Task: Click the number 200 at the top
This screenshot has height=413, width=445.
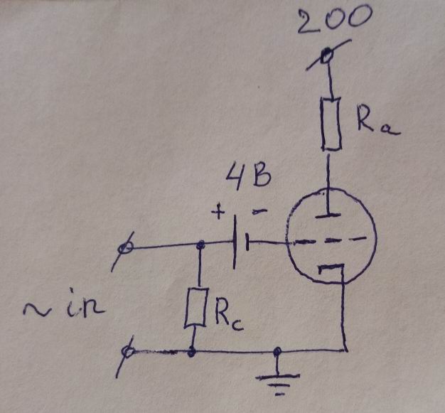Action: click(x=334, y=21)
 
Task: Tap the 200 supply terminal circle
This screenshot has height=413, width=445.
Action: click(x=327, y=55)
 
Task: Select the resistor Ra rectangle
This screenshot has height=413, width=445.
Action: click(x=331, y=124)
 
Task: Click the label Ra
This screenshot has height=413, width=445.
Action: click(x=377, y=122)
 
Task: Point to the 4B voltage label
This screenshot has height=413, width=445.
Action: click(x=248, y=175)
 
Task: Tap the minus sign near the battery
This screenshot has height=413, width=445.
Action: click(x=259, y=211)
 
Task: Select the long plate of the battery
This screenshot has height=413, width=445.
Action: click(x=235, y=242)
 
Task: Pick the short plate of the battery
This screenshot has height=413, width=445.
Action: click(x=247, y=242)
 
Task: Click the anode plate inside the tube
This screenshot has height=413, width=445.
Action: click(x=328, y=216)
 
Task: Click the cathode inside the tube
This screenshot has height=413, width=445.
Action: click(x=331, y=268)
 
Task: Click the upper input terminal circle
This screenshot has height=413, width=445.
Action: click(x=125, y=248)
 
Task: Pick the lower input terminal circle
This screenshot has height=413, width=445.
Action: click(x=127, y=352)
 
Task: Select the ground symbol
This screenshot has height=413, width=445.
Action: click(x=277, y=382)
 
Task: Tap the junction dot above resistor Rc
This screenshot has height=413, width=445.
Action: click(x=200, y=244)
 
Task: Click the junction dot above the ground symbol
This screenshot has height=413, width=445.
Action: click(x=277, y=352)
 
